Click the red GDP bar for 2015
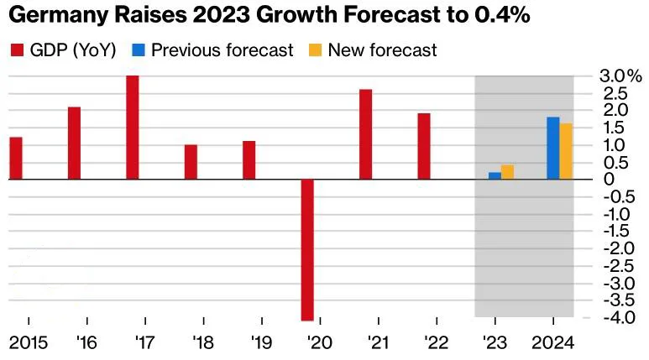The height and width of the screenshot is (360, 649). pyautogui.click(x=16, y=158)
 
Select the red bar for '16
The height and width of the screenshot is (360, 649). pyautogui.click(x=74, y=143)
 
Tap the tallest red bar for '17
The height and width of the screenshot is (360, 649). pyautogui.click(x=133, y=127)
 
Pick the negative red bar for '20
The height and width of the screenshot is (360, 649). pyautogui.click(x=307, y=249)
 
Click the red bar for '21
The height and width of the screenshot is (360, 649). pyautogui.click(x=365, y=134)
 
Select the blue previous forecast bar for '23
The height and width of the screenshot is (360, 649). pyautogui.click(x=495, y=175)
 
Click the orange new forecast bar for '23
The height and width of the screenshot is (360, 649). pyautogui.click(x=507, y=172)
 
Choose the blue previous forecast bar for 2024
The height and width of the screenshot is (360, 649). pyautogui.click(x=552, y=148)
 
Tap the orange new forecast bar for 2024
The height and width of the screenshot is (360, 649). pyautogui.click(x=566, y=151)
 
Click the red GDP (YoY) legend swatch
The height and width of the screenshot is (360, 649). pyautogui.click(x=16, y=50)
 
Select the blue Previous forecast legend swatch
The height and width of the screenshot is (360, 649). pyautogui.click(x=139, y=50)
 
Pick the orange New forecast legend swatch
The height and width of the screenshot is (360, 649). pyautogui.click(x=315, y=50)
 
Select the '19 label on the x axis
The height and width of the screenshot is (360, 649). pyautogui.click(x=261, y=342)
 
